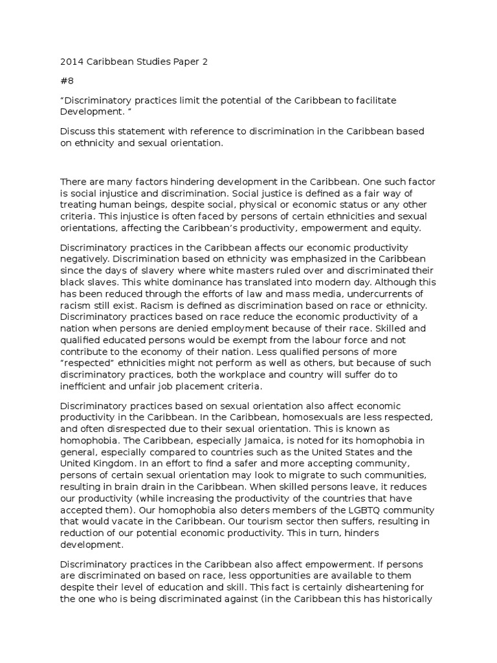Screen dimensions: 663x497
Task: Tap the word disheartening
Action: click(375, 587)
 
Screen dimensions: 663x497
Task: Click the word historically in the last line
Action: click(406, 599)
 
